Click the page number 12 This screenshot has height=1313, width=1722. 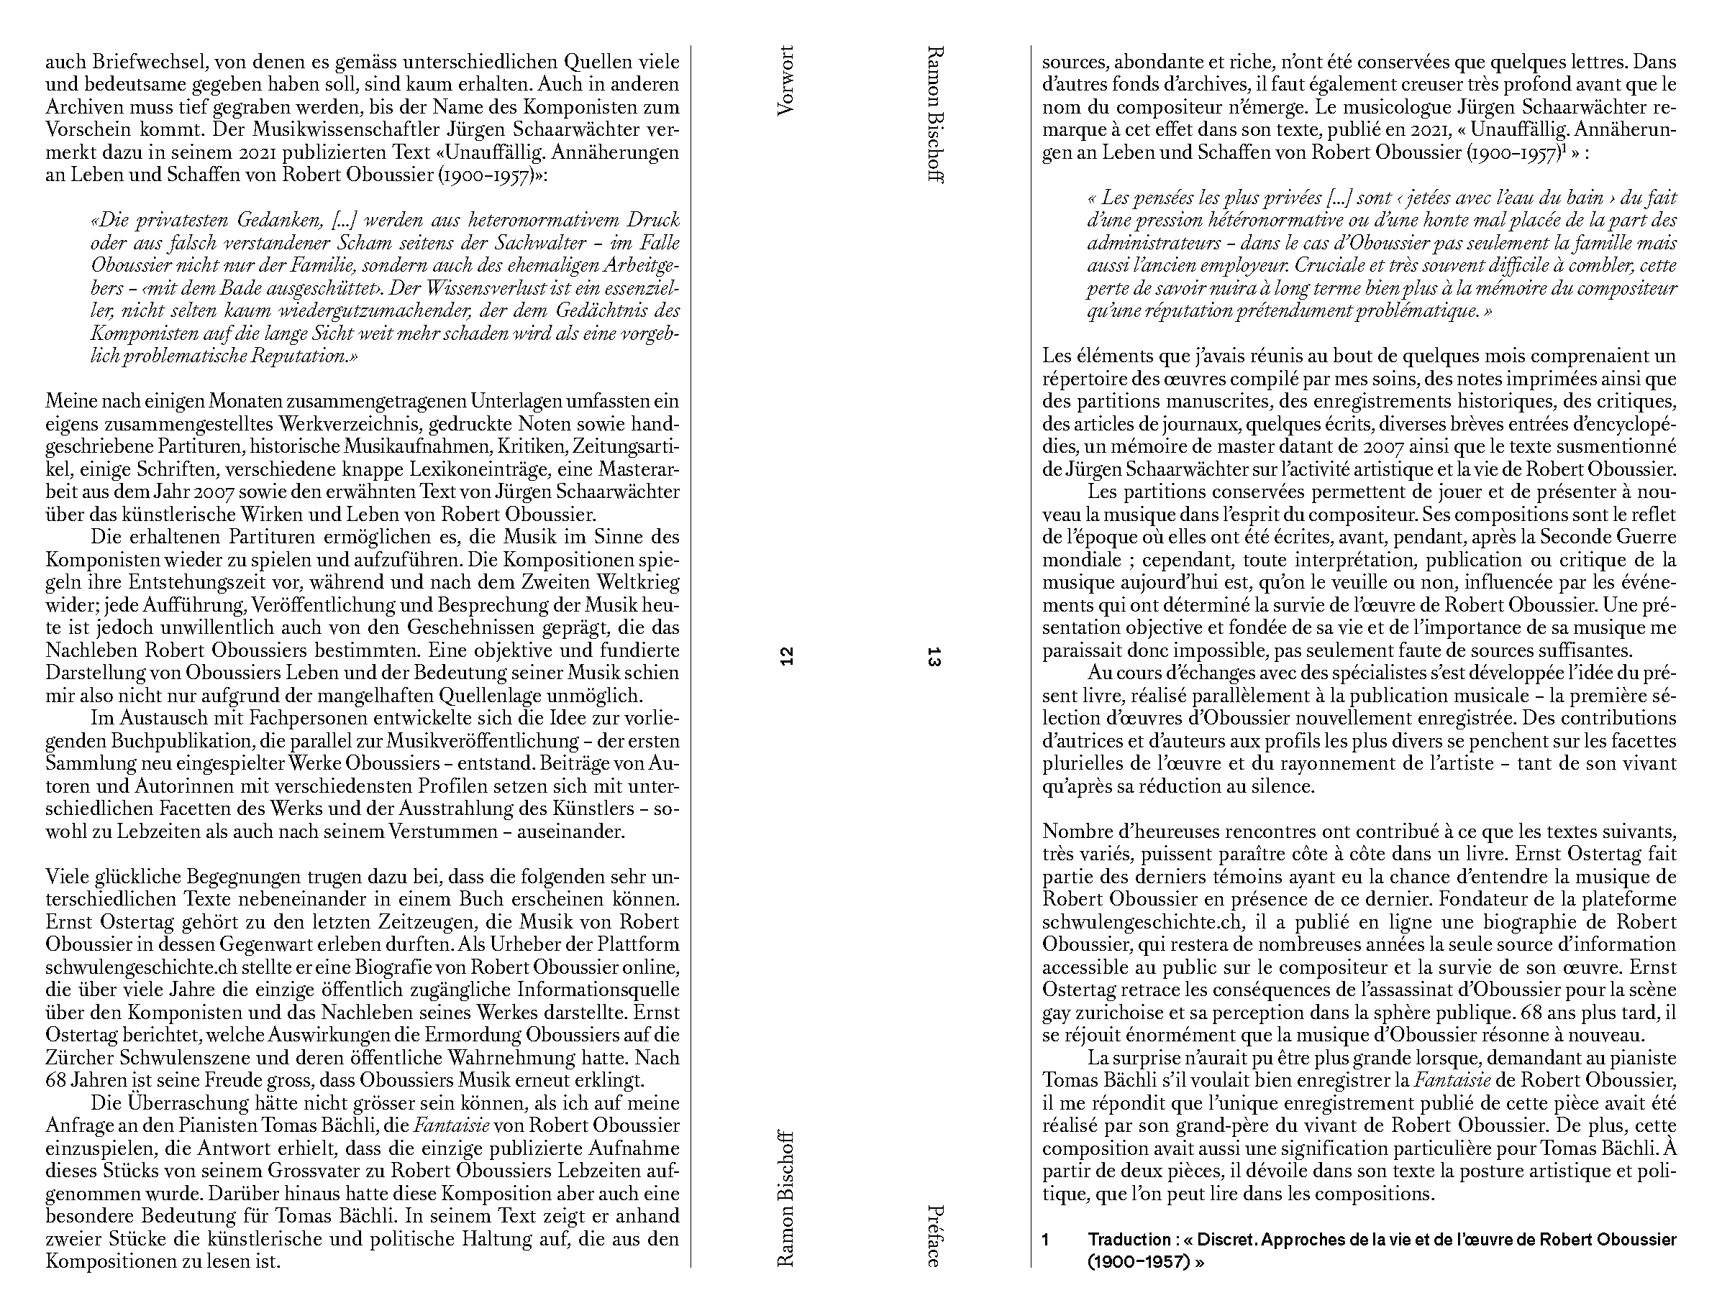(x=787, y=657)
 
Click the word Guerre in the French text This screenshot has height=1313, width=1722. (x=1647, y=537)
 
